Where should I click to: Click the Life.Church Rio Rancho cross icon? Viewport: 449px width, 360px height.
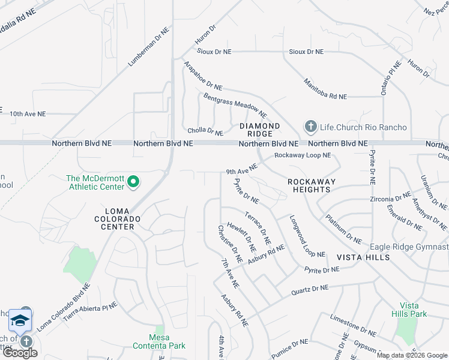pyautogui.click(x=310, y=127)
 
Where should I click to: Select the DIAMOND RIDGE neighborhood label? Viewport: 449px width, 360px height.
pyautogui.click(x=260, y=130)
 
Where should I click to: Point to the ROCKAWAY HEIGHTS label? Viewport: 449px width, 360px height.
pyautogui.click(x=309, y=185)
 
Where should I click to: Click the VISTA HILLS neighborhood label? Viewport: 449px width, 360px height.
pyautogui.click(x=363, y=257)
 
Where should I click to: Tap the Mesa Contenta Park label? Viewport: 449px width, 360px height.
pyautogui.click(x=158, y=341)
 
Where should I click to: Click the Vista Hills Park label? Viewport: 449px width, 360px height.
pyautogui.click(x=409, y=310)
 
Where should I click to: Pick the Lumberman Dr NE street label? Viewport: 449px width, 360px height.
pyautogui.click(x=146, y=47)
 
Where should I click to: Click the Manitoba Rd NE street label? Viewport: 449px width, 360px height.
pyautogui.click(x=325, y=89)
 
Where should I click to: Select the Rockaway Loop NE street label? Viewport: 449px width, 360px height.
pyautogui.click(x=303, y=155)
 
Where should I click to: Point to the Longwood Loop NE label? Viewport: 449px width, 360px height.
pyautogui.click(x=307, y=236)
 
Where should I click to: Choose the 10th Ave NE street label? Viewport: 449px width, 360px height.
pyautogui.click(x=35, y=113)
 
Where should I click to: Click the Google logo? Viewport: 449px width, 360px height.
pyautogui.click(x=20, y=353)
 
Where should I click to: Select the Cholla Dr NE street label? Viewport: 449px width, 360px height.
pyautogui.click(x=205, y=130)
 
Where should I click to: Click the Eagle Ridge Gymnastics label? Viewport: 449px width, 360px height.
pyautogui.click(x=408, y=247)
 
